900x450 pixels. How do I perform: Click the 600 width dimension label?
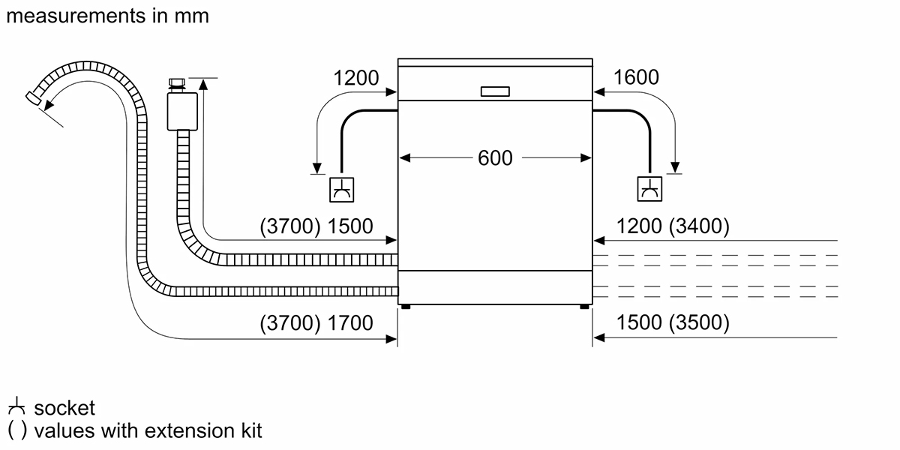point(495,158)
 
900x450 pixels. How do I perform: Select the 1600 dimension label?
point(636,77)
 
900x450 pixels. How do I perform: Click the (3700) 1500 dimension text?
point(316,226)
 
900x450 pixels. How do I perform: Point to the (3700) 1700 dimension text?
point(316,323)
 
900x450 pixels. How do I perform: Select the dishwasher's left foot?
point(405,307)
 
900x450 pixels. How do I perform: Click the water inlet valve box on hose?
point(181,110)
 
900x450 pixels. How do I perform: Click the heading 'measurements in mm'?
point(106,16)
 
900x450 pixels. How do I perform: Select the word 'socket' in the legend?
point(64,408)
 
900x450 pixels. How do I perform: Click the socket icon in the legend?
point(16,408)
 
